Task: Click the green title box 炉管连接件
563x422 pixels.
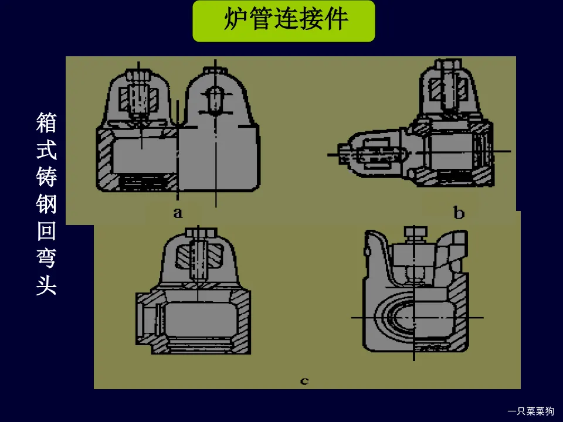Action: point(284,21)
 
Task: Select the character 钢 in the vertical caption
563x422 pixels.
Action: point(46,205)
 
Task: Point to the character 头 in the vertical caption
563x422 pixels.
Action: point(46,285)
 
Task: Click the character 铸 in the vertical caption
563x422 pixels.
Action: point(46,178)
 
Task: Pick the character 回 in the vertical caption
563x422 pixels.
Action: point(46,232)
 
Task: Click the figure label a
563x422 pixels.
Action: point(178,212)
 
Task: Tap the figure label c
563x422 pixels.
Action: point(304,382)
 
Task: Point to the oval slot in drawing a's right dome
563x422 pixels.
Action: point(216,100)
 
